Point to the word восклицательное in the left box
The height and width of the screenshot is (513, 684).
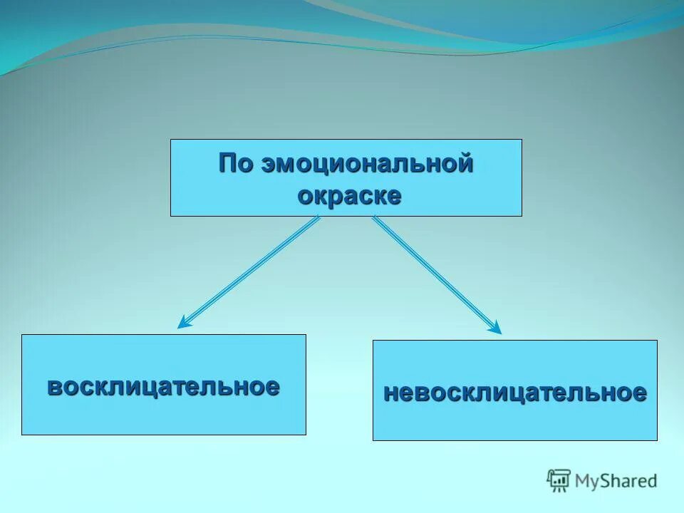[163, 386]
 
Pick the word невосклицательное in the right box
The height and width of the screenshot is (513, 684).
[515, 392]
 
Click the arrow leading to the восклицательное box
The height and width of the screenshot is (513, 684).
[249, 272]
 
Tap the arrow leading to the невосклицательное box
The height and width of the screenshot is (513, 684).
[436, 274]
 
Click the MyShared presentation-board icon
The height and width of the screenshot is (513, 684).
[559, 480]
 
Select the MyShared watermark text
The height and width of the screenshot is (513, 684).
[616, 481]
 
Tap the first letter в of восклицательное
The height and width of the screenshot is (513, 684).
[54, 387]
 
